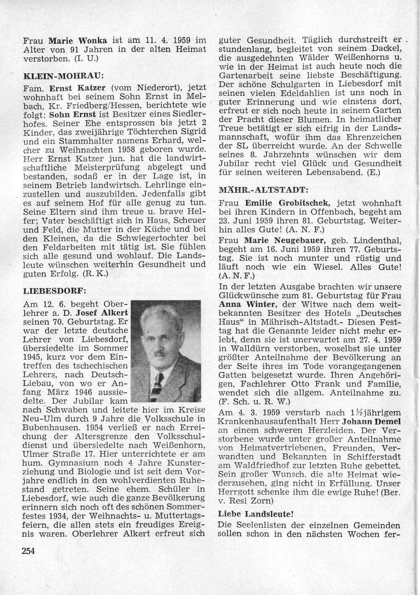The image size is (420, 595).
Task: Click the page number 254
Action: [29, 551]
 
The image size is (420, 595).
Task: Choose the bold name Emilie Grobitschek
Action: [286, 203]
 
